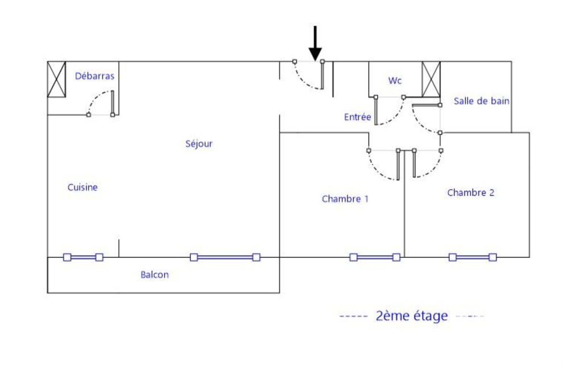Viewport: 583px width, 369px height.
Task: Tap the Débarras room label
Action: click(95, 76)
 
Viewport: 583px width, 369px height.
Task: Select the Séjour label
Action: click(199, 144)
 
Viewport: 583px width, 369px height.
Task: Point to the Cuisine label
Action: click(82, 187)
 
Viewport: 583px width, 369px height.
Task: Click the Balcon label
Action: click(155, 275)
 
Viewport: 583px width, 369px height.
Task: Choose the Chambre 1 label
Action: click(345, 199)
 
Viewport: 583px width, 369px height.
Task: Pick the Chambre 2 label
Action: click(470, 192)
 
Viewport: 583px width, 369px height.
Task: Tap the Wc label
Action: click(395, 81)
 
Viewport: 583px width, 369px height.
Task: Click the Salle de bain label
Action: click(481, 101)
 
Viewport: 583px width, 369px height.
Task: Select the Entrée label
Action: click(357, 118)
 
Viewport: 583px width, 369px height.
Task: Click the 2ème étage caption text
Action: click(412, 316)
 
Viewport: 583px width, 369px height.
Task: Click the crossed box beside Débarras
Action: click(56, 79)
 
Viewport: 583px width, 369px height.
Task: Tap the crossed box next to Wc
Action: click(431, 79)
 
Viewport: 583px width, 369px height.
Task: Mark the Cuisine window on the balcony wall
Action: click(83, 257)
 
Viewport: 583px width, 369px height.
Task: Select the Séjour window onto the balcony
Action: click(225, 257)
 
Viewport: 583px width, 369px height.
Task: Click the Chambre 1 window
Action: click(375, 257)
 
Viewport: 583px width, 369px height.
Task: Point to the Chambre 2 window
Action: click(472, 257)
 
